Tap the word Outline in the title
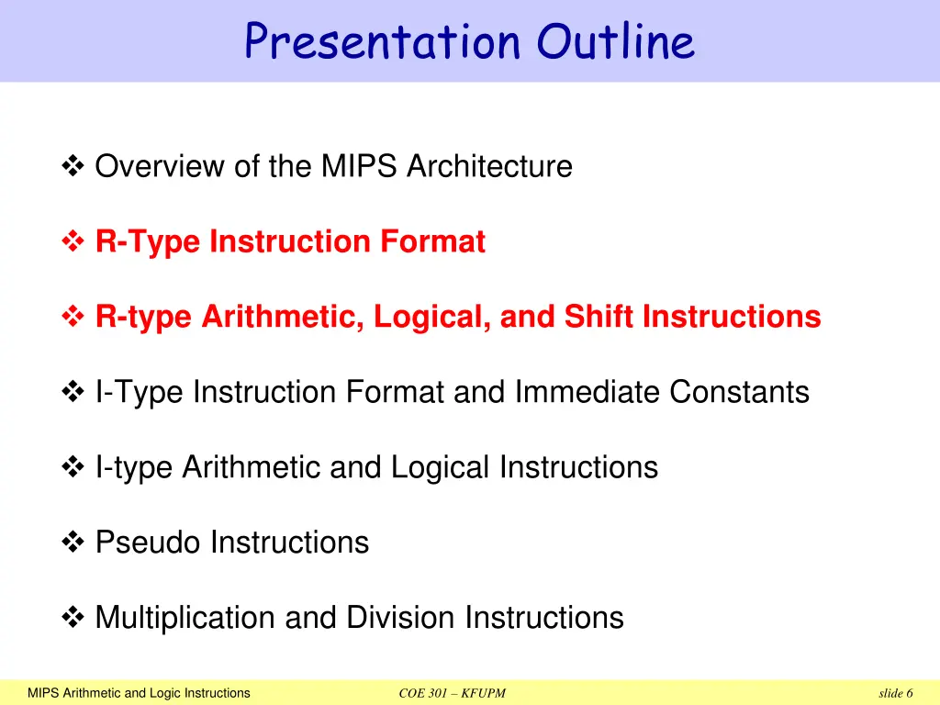pos(616,41)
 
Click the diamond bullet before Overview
pos(73,167)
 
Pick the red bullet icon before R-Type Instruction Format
pos(73,242)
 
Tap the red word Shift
pos(599,318)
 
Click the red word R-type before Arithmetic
pos(144,318)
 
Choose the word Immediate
pos(587,393)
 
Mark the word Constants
pos(739,393)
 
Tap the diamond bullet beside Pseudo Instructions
pos(73,543)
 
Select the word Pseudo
pos(148,543)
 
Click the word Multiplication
pos(185,618)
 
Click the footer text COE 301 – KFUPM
pos(453,693)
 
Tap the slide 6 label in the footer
pos(895,693)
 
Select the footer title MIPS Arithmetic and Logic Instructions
pos(139,693)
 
